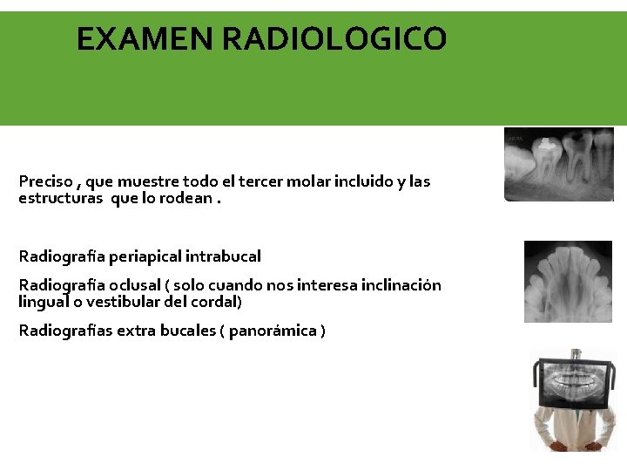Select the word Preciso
point(45,182)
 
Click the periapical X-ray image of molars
point(558,164)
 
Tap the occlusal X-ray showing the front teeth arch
point(568,282)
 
